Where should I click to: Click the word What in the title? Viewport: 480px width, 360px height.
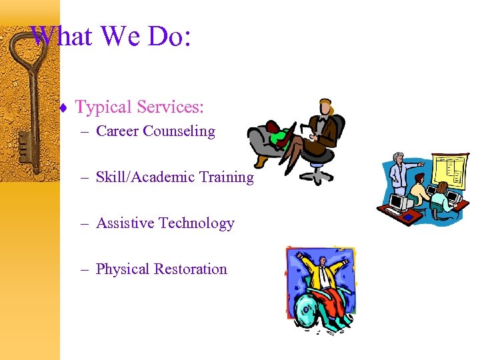click(61, 36)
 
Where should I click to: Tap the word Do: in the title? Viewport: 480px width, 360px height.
click(169, 36)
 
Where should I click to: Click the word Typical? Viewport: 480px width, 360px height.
click(103, 107)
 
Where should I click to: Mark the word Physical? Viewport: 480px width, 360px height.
click(122, 269)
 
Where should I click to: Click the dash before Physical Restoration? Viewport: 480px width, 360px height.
click(85, 269)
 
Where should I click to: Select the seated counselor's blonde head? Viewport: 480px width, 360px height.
click(325, 107)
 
